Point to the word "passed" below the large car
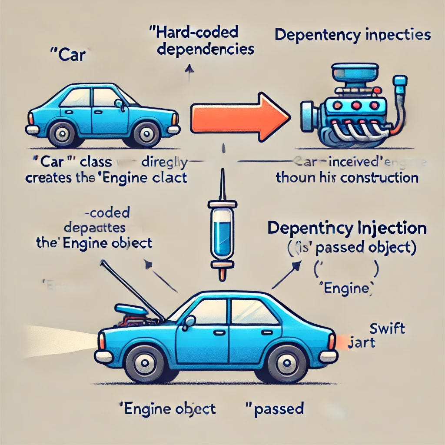pyautogui.click(x=276, y=409)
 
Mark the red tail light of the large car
pyautogui.click(x=332, y=342)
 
